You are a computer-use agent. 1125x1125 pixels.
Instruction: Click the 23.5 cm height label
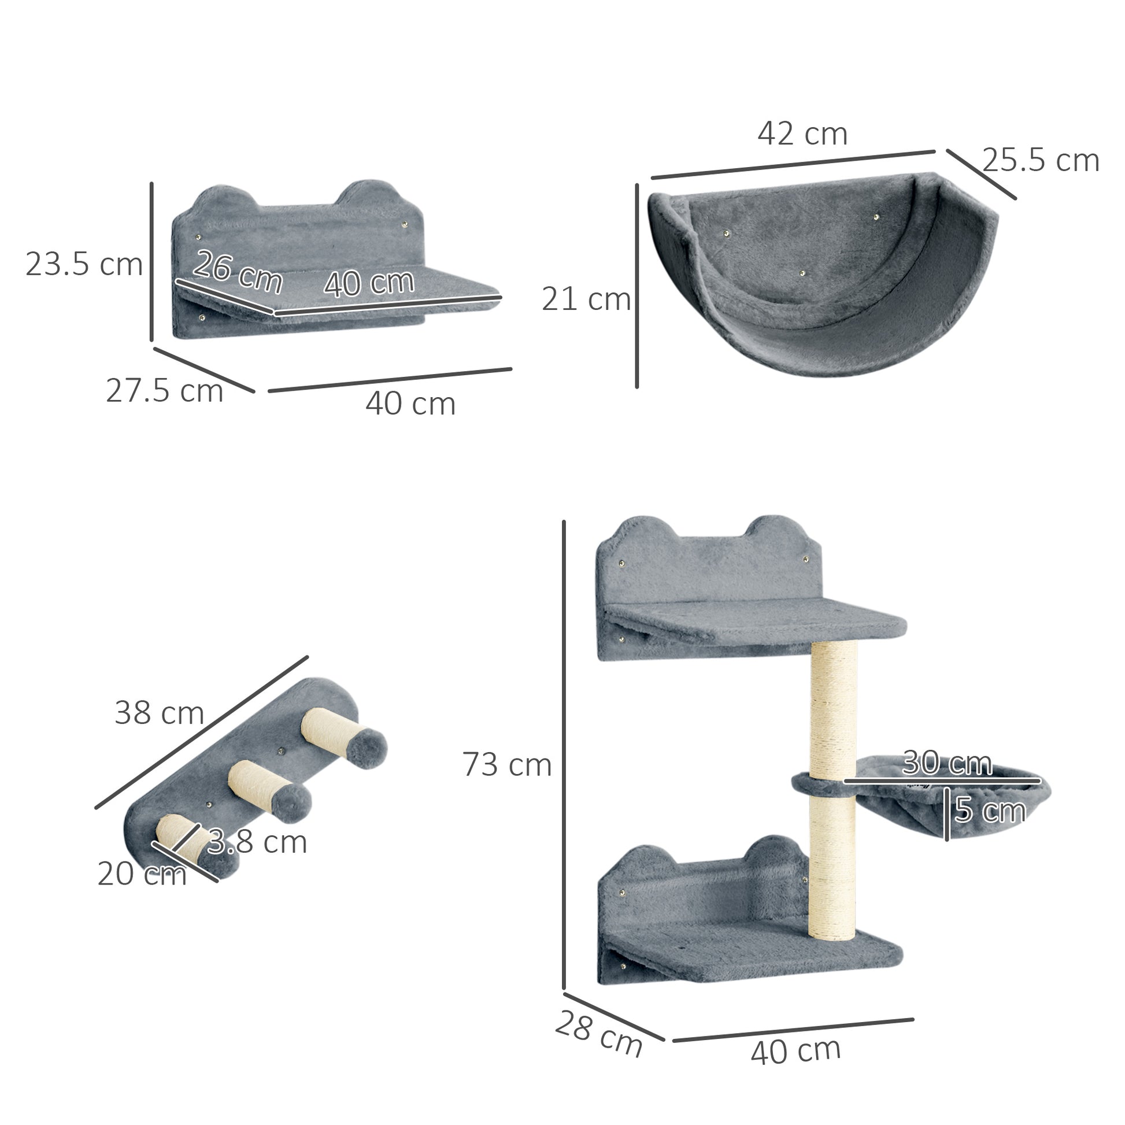pyautogui.click(x=84, y=265)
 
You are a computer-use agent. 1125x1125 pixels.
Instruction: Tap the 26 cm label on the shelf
pyautogui.click(x=237, y=271)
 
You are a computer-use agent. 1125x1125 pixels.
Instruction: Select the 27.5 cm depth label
pyautogui.click(x=165, y=391)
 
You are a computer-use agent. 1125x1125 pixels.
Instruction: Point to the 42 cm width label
pyautogui.click(x=802, y=134)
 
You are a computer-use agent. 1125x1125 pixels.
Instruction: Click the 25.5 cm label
pyautogui.click(x=1041, y=161)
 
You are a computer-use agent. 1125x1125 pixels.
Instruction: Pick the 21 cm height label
pyautogui.click(x=586, y=300)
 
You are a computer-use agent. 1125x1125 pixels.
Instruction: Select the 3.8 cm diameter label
pyautogui.click(x=257, y=842)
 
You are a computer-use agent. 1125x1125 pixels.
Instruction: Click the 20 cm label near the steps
pyautogui.click(x=142, y=874)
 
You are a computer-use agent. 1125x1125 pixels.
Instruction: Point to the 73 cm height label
pyautogui.click(x=506, y=765)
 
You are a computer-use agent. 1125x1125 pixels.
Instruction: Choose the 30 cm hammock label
pyautogui.click(x=947, y=762)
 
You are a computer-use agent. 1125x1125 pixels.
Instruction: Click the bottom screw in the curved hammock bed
pyautogui.click(x=802, y=273)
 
